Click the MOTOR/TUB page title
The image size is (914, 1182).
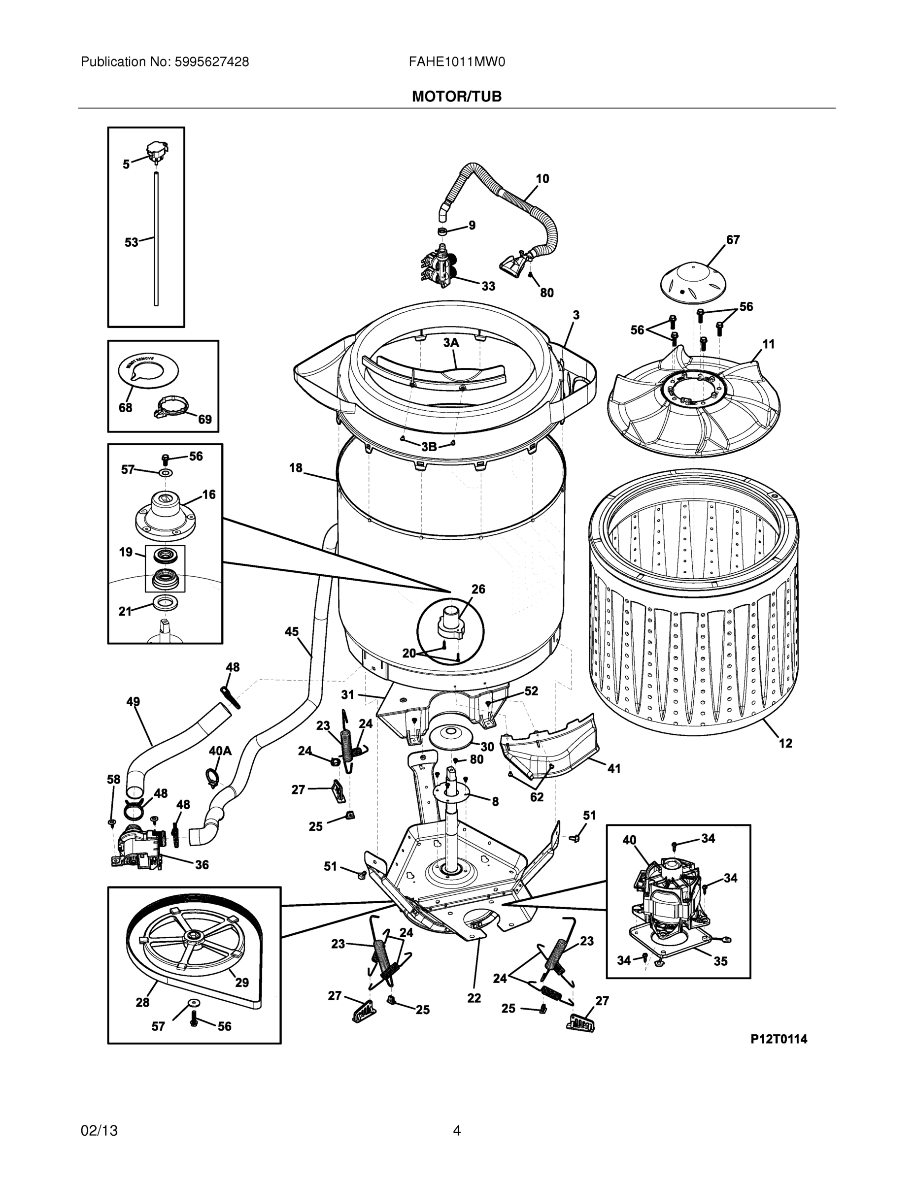click(456, 97)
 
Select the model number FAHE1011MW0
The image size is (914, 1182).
click(456, 62)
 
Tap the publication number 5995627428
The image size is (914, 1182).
click(212, 62)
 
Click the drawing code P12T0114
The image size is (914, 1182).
click(778, 1039)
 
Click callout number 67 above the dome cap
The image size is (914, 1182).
click(733, 240)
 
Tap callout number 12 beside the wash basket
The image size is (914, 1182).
click(785, 743)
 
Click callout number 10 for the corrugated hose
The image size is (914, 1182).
click(542, 179)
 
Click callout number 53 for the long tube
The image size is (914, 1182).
click(132, 242)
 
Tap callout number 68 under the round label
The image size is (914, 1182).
click(125, 407)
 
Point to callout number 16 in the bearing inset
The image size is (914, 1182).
click(208, 494)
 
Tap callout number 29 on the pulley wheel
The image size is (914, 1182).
click(241, 983)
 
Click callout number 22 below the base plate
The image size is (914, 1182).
click(474, 997)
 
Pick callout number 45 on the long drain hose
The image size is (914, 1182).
click(291, 631)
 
